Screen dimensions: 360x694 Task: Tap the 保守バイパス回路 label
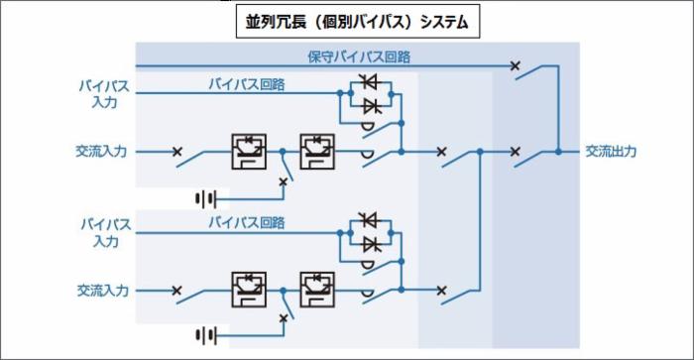pos(358,57)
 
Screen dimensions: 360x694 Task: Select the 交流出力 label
pos(610,152)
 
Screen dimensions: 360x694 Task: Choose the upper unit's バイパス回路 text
pos(246,84)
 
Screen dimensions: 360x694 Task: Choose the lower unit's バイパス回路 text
pos(246,222)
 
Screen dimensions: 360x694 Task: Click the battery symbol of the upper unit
pos(206,198)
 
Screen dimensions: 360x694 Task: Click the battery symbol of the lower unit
pos(206,335)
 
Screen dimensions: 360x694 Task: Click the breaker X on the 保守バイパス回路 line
pos(515,66)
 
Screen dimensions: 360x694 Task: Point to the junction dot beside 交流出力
pos(558,152)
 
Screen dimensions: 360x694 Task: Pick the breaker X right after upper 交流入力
pos(176,152)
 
